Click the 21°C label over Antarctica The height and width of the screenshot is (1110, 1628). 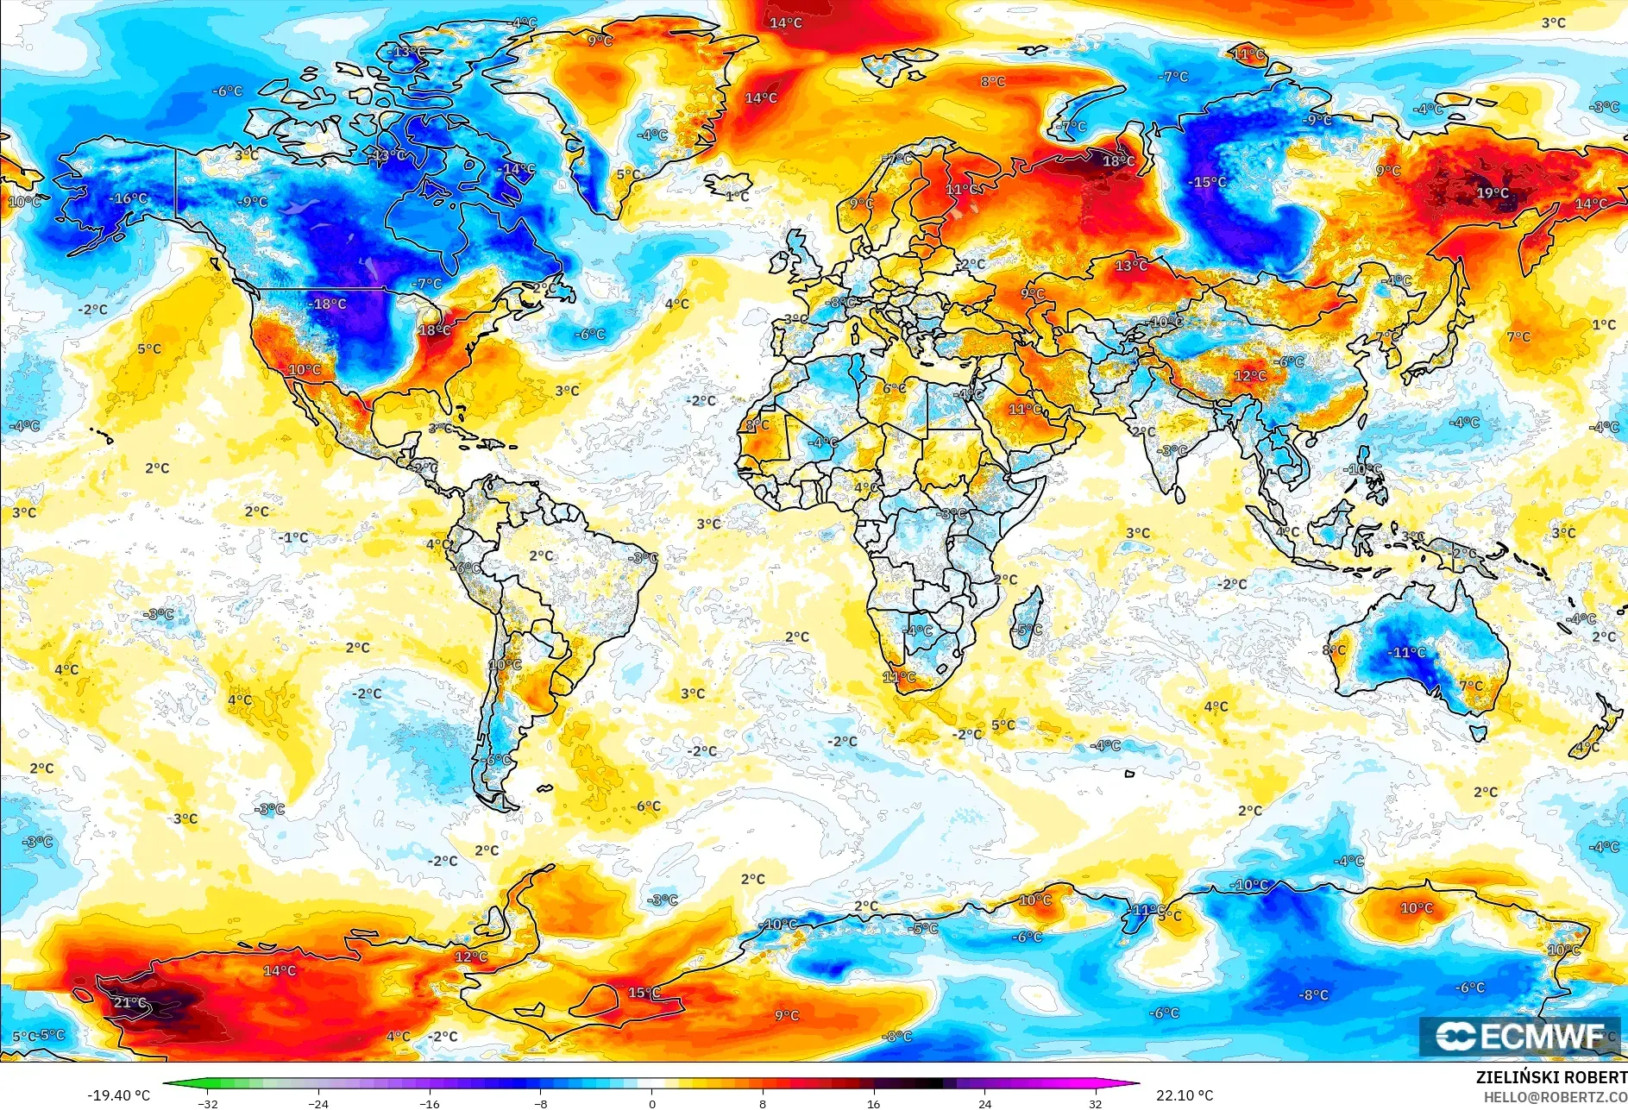130,1002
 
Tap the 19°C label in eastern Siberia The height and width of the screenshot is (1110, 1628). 1493,192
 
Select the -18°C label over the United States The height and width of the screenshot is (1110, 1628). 329,304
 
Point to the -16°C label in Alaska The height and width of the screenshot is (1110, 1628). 129,198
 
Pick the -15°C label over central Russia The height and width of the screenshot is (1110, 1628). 1208,182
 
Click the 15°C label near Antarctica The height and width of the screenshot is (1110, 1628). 644,993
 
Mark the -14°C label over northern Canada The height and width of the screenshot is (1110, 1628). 518,169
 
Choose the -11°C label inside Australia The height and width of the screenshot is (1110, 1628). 1406,652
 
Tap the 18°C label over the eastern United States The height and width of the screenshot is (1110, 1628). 434,330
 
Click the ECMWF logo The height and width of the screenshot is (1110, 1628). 1519,1036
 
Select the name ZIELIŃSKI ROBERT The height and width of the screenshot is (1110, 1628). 1551,1077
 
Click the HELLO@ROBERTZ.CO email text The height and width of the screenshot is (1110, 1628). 1555,1097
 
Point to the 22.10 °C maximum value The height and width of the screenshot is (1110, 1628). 1184,1095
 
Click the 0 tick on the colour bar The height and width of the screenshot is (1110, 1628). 651,1103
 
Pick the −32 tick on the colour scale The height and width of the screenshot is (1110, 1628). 208,1103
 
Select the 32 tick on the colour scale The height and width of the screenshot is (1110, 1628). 1095,1103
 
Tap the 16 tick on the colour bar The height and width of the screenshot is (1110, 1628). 873,1103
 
